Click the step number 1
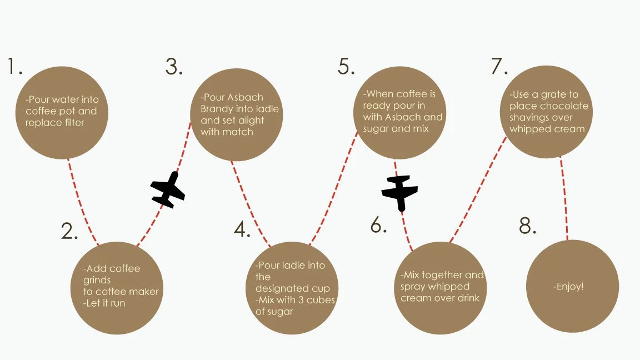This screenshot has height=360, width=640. tap(13, 67)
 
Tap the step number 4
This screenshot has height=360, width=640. tap(241, 229)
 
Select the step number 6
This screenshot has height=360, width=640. tap(377, 225)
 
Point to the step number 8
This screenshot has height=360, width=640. tap(526, 226)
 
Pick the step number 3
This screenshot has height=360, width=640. tap(173, 67)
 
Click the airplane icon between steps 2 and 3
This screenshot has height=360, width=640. tap(168, 190)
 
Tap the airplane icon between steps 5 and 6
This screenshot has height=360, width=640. tap(399, 192)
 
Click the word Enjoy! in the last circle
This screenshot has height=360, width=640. tap(569, 287)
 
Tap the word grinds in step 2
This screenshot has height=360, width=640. tap(97, 280)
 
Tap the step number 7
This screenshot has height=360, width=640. tap(499, 67)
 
